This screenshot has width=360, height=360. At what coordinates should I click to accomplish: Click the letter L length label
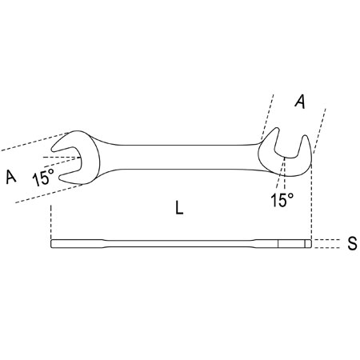(x=179, y=208)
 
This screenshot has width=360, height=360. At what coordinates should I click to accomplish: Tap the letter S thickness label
(x=352, y=243)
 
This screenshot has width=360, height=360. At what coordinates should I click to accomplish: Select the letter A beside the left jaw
(x=11, y=177)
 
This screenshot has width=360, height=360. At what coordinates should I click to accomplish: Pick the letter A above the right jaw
(x=300, y=102)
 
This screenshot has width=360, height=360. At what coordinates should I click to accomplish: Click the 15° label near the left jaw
(x=43, y=177)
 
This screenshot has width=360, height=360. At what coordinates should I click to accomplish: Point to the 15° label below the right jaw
(x=282, y=200)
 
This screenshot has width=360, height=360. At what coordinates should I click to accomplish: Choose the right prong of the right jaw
(x=306, y=150)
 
